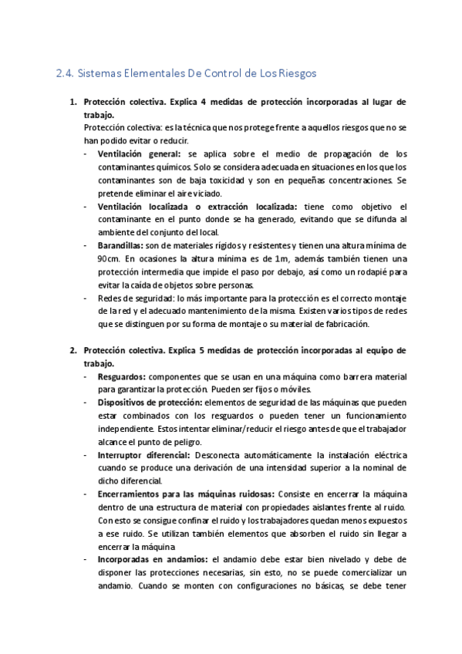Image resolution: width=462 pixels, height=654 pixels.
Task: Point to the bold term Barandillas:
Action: (x=124, y=245)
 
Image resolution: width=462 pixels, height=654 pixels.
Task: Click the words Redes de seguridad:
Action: (x=130, y=298)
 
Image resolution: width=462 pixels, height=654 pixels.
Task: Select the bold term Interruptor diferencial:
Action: (x=143, y=456)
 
